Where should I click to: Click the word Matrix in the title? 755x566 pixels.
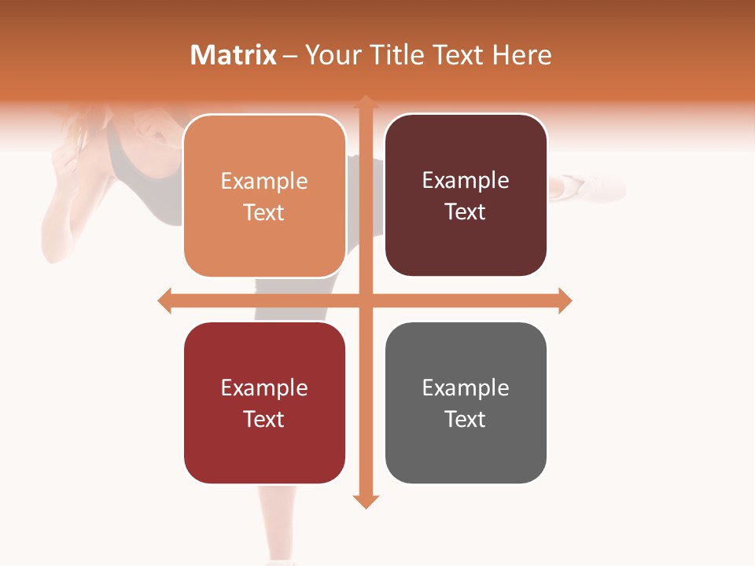click(x=233, y=55)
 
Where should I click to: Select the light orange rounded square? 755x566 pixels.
click(x=264, y=197)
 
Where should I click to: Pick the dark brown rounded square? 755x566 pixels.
click(x=466, y=196)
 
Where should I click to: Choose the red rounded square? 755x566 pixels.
click(x=264, y=402)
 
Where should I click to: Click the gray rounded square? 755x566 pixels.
click(x=466, y=402)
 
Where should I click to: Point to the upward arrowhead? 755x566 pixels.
click(x=366, y=102)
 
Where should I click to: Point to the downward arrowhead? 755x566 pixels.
click(x=366, y=501)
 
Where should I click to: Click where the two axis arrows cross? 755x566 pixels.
click(x=366, y=300)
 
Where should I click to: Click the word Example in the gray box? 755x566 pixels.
click(x=466, y=388)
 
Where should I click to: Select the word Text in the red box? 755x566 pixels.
click(x=264, y=419)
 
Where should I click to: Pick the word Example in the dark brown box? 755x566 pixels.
click(x=466, y=181)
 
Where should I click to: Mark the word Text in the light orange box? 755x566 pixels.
click(x=264, y=213)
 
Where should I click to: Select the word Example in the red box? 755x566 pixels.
click(x=264, y=388)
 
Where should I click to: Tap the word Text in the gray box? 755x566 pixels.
click(x=466, y=419)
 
